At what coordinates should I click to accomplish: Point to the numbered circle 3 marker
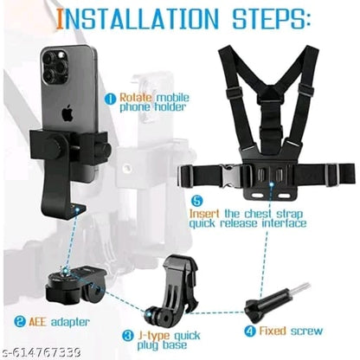click(127, 334)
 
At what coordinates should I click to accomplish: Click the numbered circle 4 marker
click(247, 329)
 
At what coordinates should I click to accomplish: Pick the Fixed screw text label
click(291, 330)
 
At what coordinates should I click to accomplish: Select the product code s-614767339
click(48, 351)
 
